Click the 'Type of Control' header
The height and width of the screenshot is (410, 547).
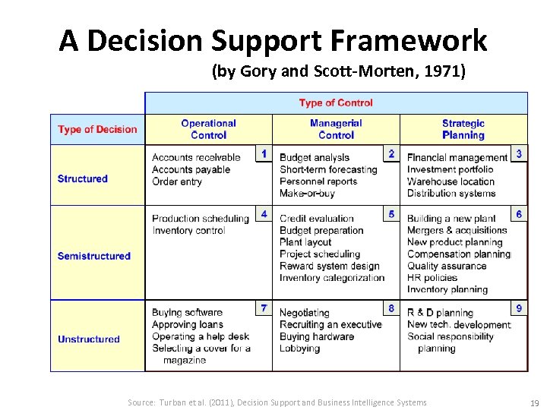tap(336, 102)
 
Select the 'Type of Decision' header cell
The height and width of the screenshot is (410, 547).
tap(97, 129)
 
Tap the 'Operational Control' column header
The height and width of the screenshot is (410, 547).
tap(208, 129)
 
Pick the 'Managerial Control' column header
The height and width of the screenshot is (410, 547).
tap(336, 129)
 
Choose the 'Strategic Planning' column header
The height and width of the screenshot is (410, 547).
tap(463, 129)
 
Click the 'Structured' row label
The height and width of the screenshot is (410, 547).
tap(82, 178)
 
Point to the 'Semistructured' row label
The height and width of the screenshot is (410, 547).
tap(93, 256)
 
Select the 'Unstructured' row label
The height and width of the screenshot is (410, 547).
tap(88, 339)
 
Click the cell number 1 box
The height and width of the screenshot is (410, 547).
tap(264, 153)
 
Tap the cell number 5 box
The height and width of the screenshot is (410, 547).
tap(391, 214)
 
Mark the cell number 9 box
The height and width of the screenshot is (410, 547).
tap(519, 308)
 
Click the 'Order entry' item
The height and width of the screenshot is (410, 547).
tap(176, 181)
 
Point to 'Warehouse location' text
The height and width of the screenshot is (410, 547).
tap(451, 181)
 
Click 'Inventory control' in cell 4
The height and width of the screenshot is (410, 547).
tap(188, 230)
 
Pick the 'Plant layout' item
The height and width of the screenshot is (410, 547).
tap(305, 242)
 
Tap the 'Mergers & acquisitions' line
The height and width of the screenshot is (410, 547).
tap(457, 230)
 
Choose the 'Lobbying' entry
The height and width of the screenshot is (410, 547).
tap(301, 348)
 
